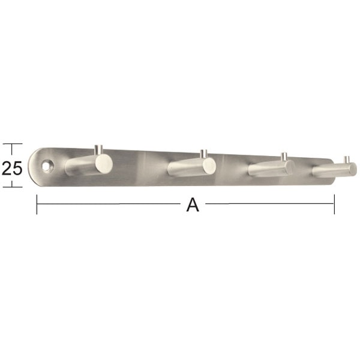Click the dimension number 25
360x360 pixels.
click(12, 168)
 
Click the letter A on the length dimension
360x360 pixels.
click(193, 205)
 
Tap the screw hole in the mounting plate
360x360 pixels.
click(48, 166)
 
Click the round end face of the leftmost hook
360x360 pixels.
click(104, 164)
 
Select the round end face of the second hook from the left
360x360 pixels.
click(209, 166)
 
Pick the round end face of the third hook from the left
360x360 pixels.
click(289, 167)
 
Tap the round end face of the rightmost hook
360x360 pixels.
click(352, 169)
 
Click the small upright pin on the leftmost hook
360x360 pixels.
click(99, 150)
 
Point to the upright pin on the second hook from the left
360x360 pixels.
click(203, 154)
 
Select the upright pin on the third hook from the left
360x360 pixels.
click(284, 157)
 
